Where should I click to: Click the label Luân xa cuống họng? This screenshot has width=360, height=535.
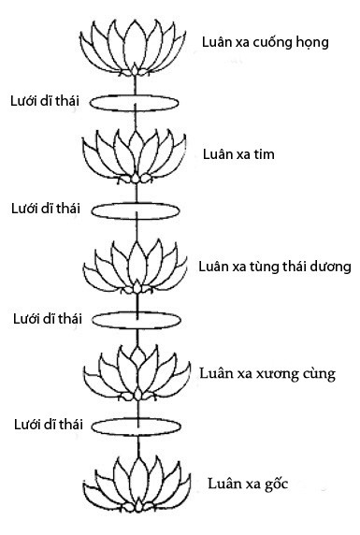click(265, 42)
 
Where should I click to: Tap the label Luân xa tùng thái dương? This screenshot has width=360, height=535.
click(274, 266)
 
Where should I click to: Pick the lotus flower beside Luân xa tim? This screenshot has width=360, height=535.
click(137, 154)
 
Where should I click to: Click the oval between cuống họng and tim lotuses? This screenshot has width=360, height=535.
click(137, 100)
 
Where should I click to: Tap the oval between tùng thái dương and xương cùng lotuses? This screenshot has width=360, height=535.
click(137, 319)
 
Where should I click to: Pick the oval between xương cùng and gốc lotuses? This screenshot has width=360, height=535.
click(137, 426)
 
